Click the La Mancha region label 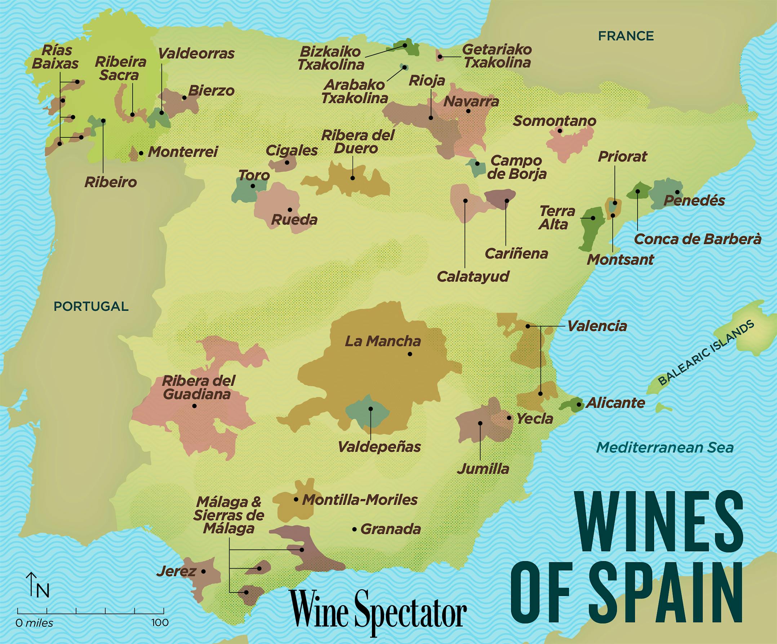pos(383,341)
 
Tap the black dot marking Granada pos(354,530)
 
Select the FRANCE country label pos(626,36)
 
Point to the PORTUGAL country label pos(91,306)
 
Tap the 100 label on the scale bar pos(160,622)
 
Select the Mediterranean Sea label pos(665,448)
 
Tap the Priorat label pos(622,157)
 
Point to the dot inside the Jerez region pos(203,571)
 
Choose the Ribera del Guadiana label pos(198,387)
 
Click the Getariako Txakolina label pos(497,56)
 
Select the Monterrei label pos(183,152)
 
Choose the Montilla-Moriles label pos(360,500)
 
